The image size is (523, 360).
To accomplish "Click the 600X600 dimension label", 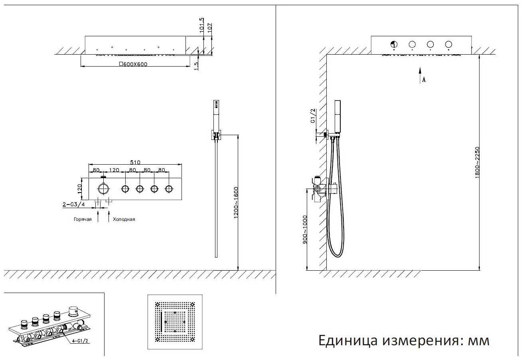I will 130,64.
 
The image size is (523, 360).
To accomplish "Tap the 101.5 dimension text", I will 201,25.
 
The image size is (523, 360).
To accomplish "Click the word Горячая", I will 83,219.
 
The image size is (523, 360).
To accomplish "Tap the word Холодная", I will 124,219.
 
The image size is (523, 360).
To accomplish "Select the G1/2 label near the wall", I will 313,116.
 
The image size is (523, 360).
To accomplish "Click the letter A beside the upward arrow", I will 424,80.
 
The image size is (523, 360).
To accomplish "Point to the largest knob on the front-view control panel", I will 104,189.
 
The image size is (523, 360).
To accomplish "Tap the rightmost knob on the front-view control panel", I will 169,189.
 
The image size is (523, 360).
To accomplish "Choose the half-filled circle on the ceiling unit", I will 394,44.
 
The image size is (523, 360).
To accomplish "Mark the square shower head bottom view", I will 175,322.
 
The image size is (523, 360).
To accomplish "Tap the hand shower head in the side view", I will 338,116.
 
